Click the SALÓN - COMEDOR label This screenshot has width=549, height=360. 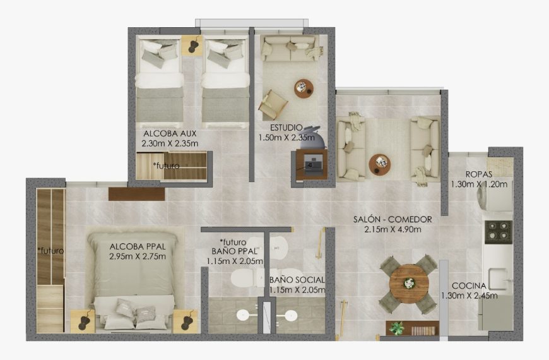click(x=393, y=219)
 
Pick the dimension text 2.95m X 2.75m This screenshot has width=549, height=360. click(x=137, y=256)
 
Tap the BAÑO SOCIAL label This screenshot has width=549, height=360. click(x=297, y=280)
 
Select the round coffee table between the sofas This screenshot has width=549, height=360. click(x=379, y=164)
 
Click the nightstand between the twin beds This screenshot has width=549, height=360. click(x=192, y=45)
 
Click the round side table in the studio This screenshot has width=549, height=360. click(x=304, y=88)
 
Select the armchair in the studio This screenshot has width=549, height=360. click(x=273, y=104)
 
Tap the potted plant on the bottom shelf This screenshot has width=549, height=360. click(x=396, y=327)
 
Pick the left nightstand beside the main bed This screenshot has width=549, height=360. click(x=83, y=321)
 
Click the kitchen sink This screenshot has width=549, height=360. click(x=500, y=275)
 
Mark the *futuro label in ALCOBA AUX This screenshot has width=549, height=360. click(x=166, y=165)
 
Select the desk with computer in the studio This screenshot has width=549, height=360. click(x=311, y=165)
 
